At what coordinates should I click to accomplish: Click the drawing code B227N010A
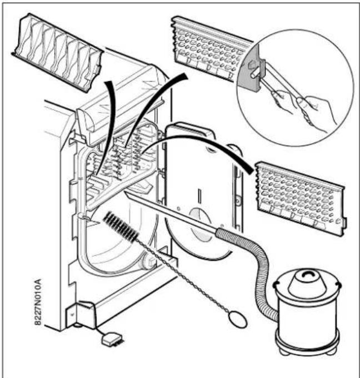tap(38, 302)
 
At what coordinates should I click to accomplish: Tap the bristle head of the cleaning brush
tap(121, 228)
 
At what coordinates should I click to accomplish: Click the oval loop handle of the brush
tap(238, 319)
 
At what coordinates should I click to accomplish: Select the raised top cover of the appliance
tap(121, 97)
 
